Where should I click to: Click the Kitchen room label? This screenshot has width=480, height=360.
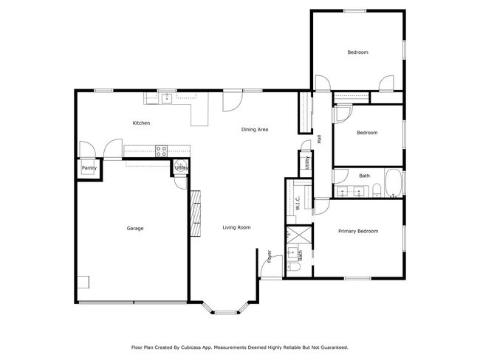coord(141,123)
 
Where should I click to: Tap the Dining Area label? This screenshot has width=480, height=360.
coord(255,129)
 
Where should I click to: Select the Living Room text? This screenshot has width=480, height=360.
coord(236,227)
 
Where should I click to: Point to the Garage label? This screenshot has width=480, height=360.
coord(135,228)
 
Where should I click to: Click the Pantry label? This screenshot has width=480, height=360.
coord(89,168)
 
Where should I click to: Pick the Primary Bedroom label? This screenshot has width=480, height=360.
coord(358,231)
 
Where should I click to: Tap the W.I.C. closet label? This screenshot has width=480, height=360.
coord(298,203)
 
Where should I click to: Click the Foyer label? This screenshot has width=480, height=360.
coord(270,256)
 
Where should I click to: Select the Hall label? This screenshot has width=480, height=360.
coord(319,139)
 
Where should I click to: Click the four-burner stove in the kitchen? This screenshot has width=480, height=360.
coord(161,150)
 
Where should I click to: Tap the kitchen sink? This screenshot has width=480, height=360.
coord(167,99)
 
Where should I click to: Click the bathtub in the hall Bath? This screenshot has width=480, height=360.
coord(394,183)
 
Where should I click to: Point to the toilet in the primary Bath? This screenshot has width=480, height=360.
coord(294,266)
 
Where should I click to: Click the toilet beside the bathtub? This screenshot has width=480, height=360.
coord(377,190)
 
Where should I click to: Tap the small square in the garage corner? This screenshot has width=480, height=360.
coord(83,282)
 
